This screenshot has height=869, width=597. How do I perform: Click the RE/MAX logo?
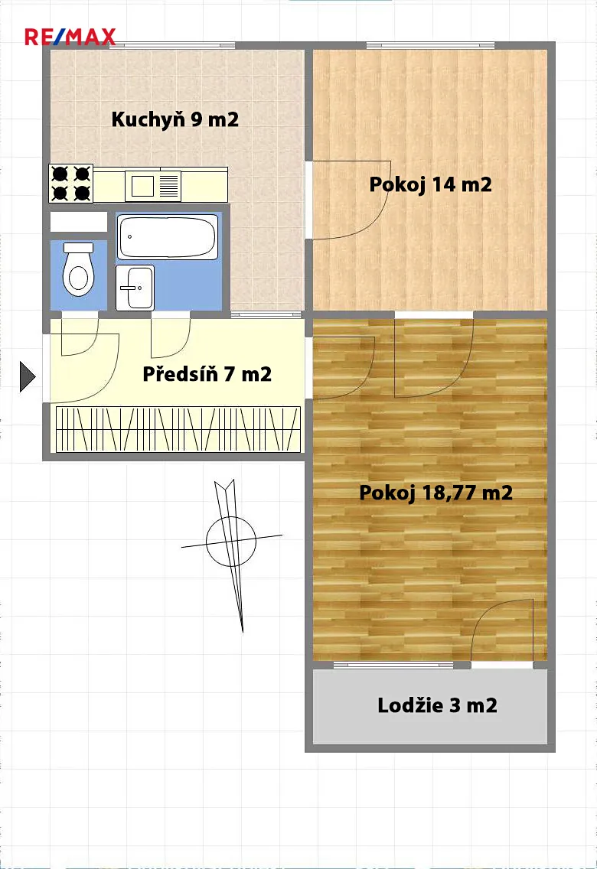(x=70, y=37)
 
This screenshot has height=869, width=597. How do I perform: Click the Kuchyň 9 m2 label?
(x=175, y=119)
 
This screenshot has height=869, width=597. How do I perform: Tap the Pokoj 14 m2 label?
(x=430, y=184)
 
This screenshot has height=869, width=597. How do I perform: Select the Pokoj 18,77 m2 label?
(x=436, y=492)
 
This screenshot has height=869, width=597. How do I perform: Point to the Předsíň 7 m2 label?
(x=207, y=374)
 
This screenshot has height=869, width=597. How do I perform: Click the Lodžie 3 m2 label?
(x=437, y=705)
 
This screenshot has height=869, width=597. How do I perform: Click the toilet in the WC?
(x=78, y=269)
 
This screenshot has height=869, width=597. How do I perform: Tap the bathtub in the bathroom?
(x=168, y=237)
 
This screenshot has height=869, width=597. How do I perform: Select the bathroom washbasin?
(x=135, y=287)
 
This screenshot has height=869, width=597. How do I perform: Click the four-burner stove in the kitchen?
(x=71, y=184)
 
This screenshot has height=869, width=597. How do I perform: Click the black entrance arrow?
(x=28, y=377)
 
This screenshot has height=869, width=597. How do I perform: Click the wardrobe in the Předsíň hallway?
(x=178, y=429)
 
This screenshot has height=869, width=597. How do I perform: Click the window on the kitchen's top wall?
(x=172, y=46)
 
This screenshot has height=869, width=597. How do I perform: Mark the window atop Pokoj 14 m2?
(x=430, y=46)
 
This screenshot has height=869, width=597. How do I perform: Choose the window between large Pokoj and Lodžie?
(x=394, y=665)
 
